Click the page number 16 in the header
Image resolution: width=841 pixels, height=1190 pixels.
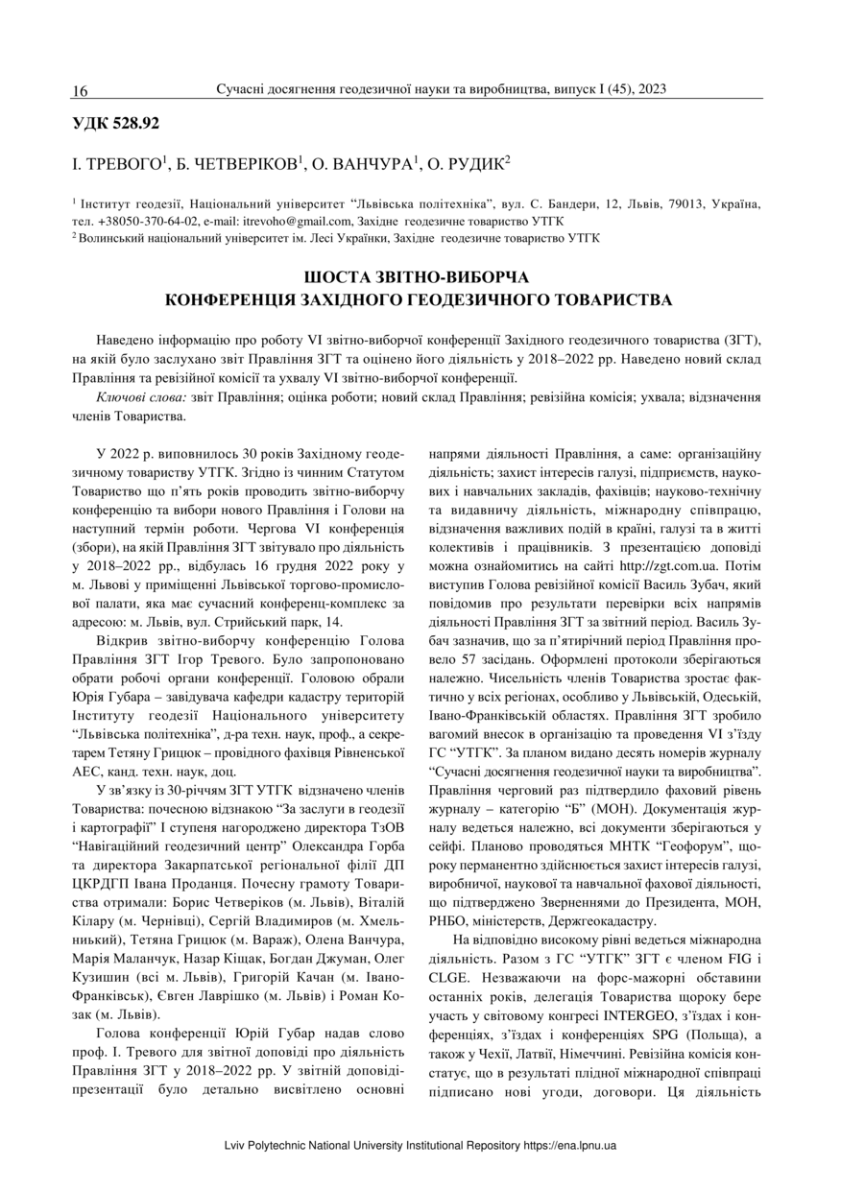pyautogui.click(x=80, y=91)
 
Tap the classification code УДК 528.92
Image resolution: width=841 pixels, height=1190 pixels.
pyautogui.click(x=116, y=123)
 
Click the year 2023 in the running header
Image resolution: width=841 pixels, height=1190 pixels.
pyautogui.click(x=650, y=90)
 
